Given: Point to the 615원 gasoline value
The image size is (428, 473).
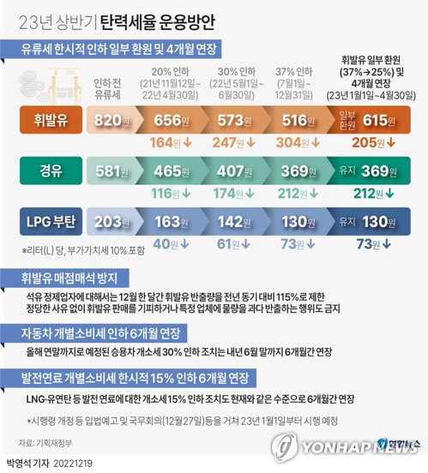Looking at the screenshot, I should pos(380,121).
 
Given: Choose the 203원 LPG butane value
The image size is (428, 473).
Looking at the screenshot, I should pos(112,221).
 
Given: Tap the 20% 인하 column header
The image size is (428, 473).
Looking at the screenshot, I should pos(173,72).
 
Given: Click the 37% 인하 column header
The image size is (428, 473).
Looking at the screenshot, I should pos(293,72).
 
